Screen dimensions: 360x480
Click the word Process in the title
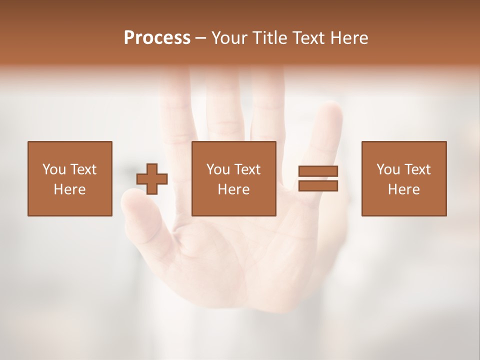click(x=157, y=38)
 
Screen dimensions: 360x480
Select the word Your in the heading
click(x=229, y=38)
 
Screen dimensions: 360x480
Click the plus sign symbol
click(x=152, y=178)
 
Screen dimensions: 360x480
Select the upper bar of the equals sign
click(x=318, y=171)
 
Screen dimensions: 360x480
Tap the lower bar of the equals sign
click(x=318, y=185)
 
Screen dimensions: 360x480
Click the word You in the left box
click(x=54, y=169)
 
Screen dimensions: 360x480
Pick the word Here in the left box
click(x=69, y=189)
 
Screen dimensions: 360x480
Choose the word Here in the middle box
click(x=233, y=189)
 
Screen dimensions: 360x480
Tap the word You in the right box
click(x=388, y=169)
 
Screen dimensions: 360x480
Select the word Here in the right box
click(x=403, y=189)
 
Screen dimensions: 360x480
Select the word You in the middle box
click(x=218, y=169)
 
